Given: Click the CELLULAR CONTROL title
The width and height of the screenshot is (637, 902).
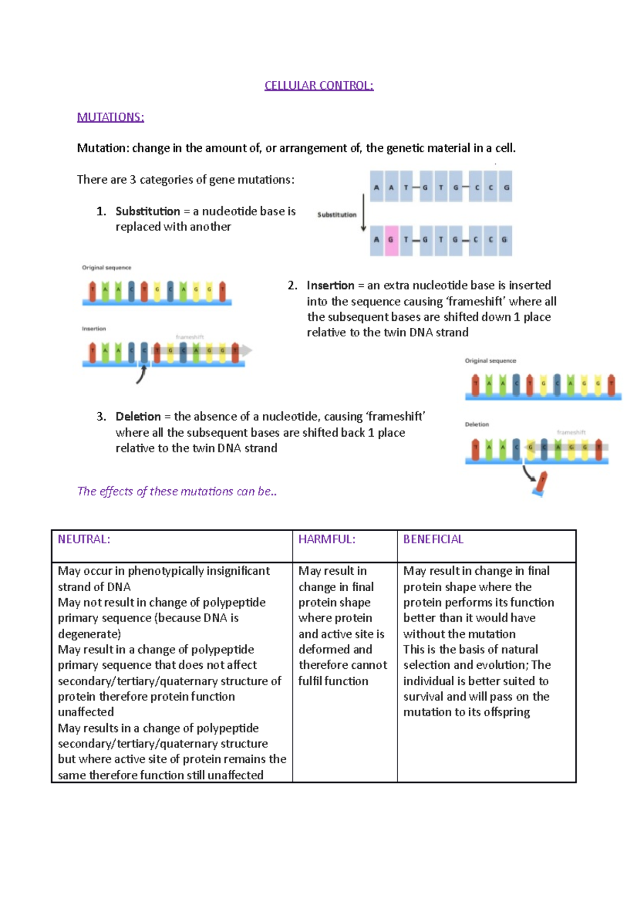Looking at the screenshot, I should coord(319,86).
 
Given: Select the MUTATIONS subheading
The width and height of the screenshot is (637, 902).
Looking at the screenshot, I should coord(110,117).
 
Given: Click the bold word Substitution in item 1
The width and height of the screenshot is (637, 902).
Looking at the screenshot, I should coord(148,211).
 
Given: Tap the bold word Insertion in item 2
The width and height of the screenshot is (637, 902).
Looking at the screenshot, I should coord(330,285).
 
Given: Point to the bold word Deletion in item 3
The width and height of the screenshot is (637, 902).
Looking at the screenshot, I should coord(138,416).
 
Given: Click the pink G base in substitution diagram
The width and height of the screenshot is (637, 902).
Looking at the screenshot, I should coord(391,240).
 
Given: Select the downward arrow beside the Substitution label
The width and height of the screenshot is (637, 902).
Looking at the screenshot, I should coord(364,212).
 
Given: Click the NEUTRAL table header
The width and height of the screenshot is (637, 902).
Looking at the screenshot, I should coord(84,539).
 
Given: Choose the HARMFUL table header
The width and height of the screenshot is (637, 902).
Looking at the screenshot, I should coord(326,539).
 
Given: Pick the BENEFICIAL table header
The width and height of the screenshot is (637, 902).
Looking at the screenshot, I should coord(433,539).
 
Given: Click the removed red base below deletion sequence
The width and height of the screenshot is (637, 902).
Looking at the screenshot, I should coord(541,483).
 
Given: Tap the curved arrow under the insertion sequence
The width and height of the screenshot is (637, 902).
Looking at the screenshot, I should coord(142,374).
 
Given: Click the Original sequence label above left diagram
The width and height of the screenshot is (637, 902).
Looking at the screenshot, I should coord(106,268).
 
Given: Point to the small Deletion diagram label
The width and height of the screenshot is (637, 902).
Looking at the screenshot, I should coord(477,424).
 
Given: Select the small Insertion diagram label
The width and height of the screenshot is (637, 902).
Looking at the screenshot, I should coord(94,329).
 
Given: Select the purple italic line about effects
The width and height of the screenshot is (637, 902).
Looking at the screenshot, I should coord(177,491).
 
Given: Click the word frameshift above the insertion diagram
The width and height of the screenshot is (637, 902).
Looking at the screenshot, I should coord(190,337).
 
